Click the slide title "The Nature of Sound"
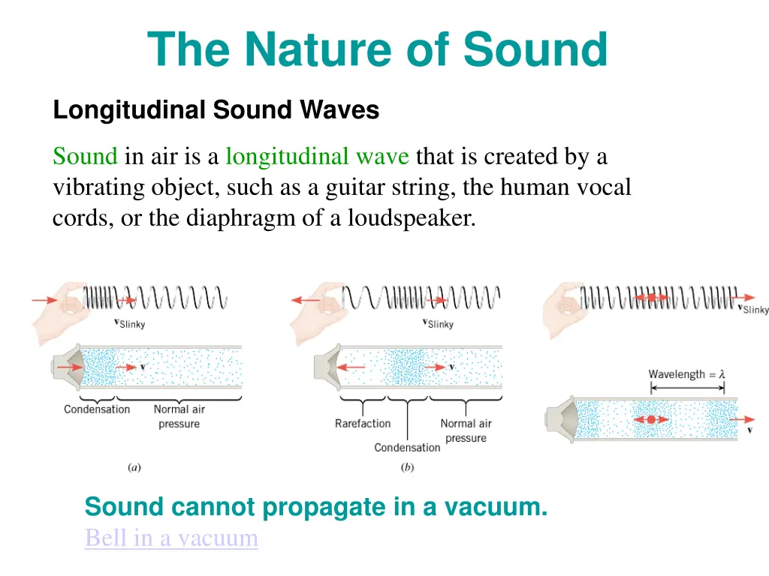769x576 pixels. click(x=377, y=49)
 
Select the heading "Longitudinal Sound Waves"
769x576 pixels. click(x=216, y=110)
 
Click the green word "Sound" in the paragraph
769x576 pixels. click(x=85, y=157)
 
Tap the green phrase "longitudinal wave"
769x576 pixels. click(x=317, y=157)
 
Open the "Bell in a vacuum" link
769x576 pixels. click(x=171, y=538)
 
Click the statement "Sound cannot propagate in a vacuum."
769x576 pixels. click(x=316, y=507)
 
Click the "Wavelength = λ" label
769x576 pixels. click(x=686, y=373)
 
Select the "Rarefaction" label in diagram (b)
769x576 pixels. click(x=363, y=424)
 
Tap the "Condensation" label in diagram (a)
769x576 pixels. click(x=97, y=409)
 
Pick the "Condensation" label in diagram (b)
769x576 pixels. click(x=407, y=448)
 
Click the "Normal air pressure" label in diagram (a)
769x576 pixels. click(x=179, y=416)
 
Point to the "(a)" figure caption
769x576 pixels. click(x=134, y=467)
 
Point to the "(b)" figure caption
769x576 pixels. click(x=407, y=467)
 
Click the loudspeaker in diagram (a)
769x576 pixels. click(x=66, y=366)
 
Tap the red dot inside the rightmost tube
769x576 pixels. click(x=651, y=420)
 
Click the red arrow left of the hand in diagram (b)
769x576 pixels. click(x=306, y=300)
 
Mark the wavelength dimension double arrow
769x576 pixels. click(x=687, y=388)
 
